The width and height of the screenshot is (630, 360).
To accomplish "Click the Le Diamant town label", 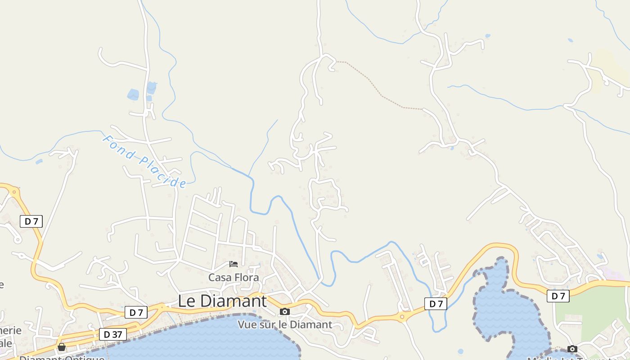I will tap(222, 301).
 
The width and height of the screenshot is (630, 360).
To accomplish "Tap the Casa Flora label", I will tap(234, 277).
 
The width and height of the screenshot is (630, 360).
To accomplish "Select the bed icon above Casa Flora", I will tap(233, 264).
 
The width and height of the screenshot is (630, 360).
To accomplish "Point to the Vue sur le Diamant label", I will tap(285, 324).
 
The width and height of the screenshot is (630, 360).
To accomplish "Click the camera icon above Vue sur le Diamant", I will tap(284, 311).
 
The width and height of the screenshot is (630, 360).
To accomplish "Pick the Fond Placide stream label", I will tap(144, 161).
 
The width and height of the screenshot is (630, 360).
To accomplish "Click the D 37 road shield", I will tap(112, 334).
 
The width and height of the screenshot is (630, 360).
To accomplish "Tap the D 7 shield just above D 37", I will tap(136, 312).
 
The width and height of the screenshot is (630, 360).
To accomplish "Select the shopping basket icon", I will tap(62, 347).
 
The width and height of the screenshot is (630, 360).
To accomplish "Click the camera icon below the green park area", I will tap(572, 349).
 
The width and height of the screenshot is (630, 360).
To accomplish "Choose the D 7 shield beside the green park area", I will tap(558, 296).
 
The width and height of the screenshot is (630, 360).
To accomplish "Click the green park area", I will tap(589, 310).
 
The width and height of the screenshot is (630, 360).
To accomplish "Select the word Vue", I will tap(247, 324).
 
